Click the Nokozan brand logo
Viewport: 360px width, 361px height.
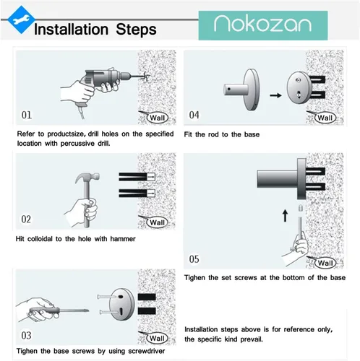point(263,25)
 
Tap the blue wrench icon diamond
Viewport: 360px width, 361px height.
point(21,19)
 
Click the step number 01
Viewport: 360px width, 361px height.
point(27,115)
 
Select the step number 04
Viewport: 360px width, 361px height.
point(194,115)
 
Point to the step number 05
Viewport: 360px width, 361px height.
point(194,259)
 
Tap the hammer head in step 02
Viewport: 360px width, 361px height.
point(87,178)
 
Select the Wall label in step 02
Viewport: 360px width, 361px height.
point(157,222)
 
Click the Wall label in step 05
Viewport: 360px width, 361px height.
point(325,263)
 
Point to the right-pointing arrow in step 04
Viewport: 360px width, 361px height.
point(275,95)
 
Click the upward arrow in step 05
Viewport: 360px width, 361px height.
point(285,215)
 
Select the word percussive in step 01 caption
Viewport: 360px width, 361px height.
point(77,144)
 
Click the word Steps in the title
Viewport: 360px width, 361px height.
point(136,30)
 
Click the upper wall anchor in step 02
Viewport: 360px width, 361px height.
point(137,177)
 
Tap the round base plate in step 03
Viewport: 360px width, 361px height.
point(121,304)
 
